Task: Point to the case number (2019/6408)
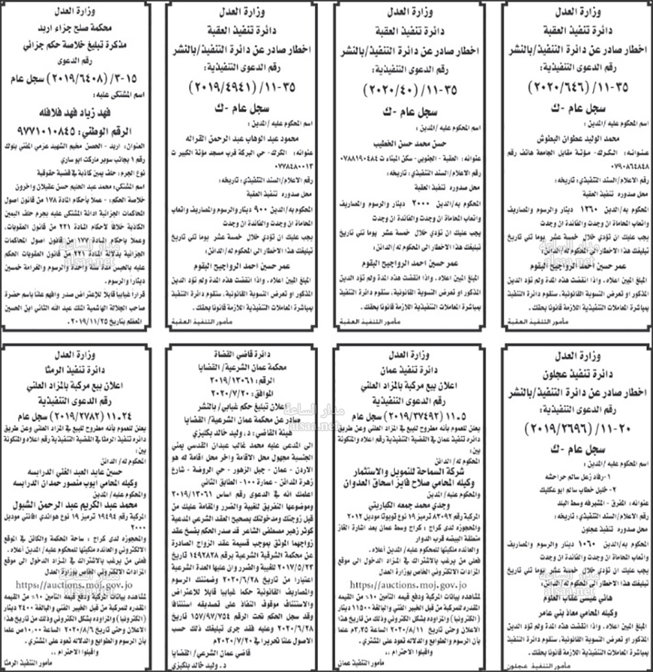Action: (x=72, y=79)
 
